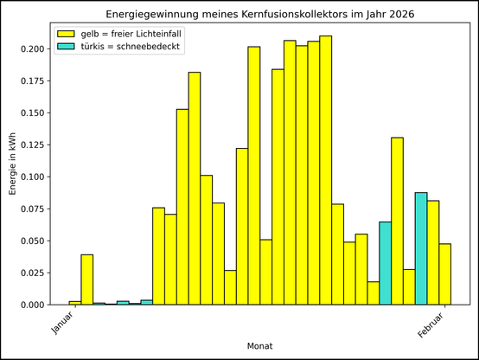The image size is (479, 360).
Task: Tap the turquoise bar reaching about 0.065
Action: coord(385,263)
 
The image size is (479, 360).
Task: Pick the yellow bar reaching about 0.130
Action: coord(397,221)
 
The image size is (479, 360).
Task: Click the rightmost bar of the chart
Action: coord(444,274)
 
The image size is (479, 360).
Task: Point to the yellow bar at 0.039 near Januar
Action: coord(87,280)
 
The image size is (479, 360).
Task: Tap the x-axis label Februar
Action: coord(432,325)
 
